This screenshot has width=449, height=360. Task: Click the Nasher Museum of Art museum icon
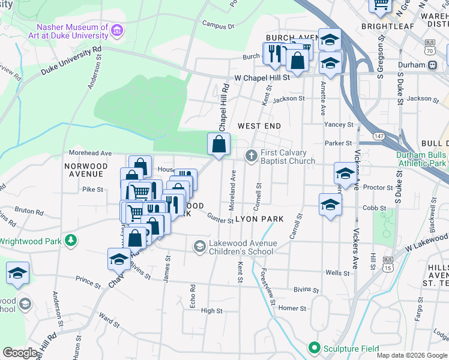(x=117, y=29)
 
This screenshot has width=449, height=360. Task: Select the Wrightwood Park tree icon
(x=71, y=241)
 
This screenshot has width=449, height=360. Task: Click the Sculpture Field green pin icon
(x=313, y=348)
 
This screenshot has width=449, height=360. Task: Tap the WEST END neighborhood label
(x=259, y=126)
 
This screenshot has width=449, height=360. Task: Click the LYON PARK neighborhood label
(x=259, y=219)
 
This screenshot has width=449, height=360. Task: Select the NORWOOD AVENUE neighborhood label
(x=86, y=170)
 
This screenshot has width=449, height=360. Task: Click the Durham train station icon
(x=432, y=65)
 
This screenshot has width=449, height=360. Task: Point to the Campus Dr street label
(x=218, y=26)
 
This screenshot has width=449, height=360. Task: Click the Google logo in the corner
(x=20, y=353)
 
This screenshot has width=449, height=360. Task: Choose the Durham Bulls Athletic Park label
(x=421, y=158)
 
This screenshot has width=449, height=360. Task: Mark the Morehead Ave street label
(x=91, y=153)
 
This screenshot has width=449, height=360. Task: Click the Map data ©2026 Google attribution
(x=412, y=355)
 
